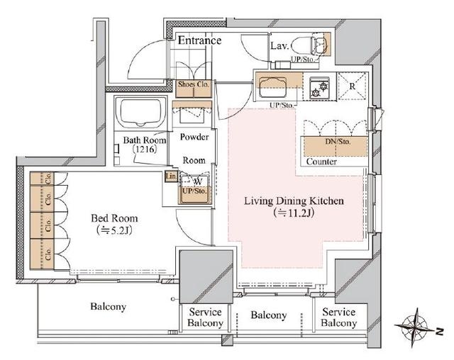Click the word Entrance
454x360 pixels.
click(x=199, y=40)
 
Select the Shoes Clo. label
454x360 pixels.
click(x=194, y=84)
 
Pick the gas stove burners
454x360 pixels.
click(x=319, y=89)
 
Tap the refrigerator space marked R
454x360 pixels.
click(x=353, y=86)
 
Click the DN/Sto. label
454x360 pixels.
click(x=338, y=142)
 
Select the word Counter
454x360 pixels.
click(x=321, y=162)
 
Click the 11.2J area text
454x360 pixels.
click(x=294, y=213)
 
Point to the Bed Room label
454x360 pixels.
click(x=114, y=218)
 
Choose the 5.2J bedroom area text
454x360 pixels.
click(x=114, y=230)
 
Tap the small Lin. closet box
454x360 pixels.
click(x=171, y=176)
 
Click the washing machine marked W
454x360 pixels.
click(x=194, y=189)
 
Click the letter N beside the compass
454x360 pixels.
click(x=440, y=332)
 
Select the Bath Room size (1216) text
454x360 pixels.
click(x=145, y=150)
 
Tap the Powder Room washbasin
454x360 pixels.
click(x=192, y=113)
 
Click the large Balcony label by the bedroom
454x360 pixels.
click(x=109, y=307)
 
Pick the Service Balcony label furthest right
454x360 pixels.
click(x=339, y=317)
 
